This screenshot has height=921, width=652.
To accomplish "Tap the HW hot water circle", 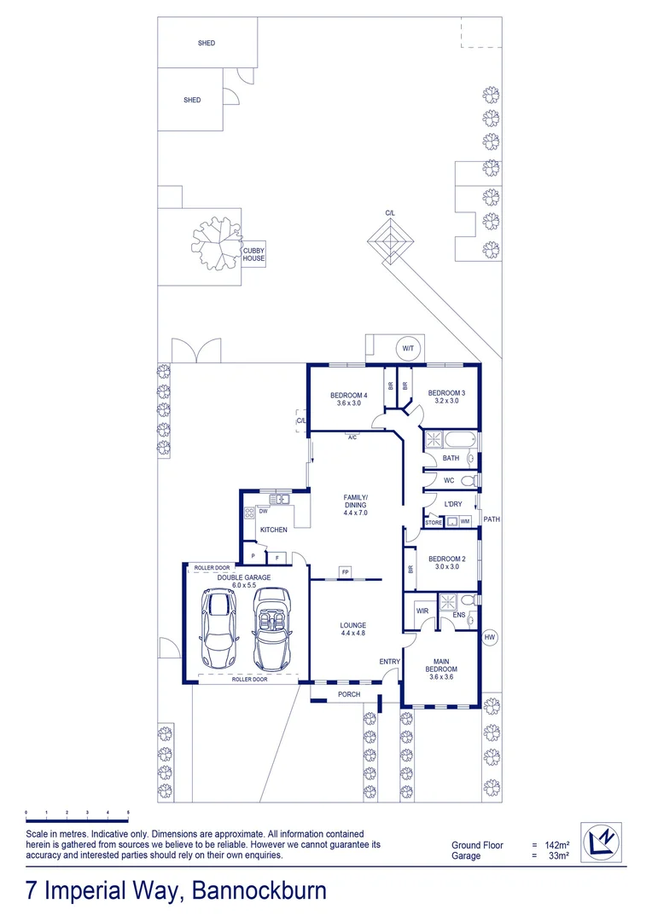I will click(490, 637).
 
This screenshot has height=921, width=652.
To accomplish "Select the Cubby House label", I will click(253, 254).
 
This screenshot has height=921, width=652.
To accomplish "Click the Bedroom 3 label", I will click(446, 396).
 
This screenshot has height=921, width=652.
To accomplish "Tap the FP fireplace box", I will click(345, 571).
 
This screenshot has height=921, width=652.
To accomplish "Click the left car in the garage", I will click(216, 628).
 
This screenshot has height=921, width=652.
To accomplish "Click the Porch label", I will click(349, 694).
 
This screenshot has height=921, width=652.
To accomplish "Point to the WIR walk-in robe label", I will click(422, 611).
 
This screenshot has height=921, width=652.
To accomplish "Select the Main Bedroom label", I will click(441, 664).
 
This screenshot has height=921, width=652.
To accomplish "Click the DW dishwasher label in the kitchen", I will click(264, 512).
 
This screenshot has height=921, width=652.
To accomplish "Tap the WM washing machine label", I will click(465, 521).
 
